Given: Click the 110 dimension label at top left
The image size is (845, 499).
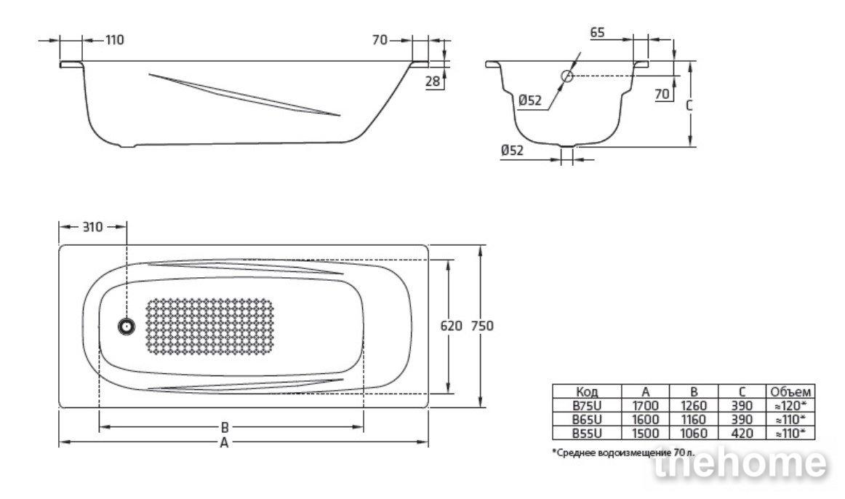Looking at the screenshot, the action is (x=114, y=40).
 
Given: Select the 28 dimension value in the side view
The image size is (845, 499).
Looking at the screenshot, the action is (x=432, y=81).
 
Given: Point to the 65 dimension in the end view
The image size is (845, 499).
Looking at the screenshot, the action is (x=597, y=32).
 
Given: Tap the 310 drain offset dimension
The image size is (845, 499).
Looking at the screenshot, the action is (x=92, y=227).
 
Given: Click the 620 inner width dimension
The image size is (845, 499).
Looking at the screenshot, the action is (x=451, y=326).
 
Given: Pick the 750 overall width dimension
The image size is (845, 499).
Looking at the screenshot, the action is (x=482, y=326).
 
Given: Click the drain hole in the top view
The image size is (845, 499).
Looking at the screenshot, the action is (x=127, y=326).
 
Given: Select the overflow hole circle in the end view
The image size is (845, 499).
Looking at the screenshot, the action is (x=567, y=76).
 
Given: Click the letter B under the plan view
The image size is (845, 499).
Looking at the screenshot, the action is (x=225, y=427).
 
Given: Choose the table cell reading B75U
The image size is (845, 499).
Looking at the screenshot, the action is (x=587, y=406).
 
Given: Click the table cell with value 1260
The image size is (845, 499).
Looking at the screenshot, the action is (x=694, y=406).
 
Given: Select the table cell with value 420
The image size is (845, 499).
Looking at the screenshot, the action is (x=742, y=434).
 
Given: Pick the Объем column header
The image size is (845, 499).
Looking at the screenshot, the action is (x=790, y=392).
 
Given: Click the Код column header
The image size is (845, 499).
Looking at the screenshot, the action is (x=587, y=392).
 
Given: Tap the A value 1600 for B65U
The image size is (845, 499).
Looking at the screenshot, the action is (x=645, y=420).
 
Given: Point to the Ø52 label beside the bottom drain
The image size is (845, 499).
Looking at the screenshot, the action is (x=512, y=151).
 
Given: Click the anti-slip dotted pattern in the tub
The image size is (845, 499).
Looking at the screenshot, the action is (x=210, y=326).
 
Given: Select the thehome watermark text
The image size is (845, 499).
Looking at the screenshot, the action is (x=740, y=463).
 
